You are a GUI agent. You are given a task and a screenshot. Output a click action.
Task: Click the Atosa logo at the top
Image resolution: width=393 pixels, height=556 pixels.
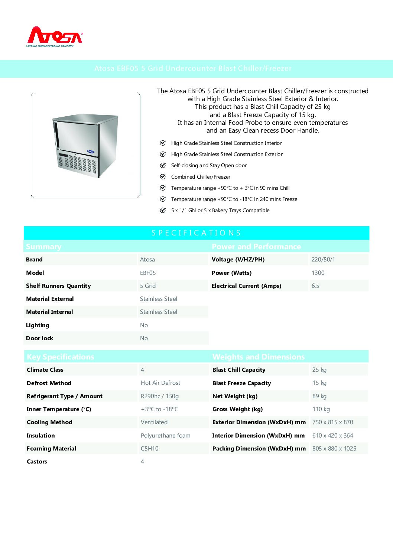[x=55, y=36]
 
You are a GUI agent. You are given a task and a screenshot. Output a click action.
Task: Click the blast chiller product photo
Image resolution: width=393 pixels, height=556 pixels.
[x=85, y=145]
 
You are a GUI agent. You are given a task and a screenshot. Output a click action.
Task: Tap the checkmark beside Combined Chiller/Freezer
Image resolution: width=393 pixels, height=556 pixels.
[x=163, y=177]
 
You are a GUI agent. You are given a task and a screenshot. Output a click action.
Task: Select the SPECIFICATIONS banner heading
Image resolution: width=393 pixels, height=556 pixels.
[x=196, y=233]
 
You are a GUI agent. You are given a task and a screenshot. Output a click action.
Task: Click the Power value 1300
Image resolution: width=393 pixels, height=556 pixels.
[x=318, y=273]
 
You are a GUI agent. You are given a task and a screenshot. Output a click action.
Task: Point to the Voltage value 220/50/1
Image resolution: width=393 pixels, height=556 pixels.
[x=323, y=260]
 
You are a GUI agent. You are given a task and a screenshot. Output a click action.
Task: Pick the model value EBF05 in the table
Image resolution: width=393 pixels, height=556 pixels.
[x=148, y=273]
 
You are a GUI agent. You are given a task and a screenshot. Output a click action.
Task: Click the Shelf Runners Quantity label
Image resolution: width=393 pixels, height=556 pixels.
[x=58, y=286]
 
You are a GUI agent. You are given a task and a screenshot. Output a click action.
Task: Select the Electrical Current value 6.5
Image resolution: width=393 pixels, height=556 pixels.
[x=315, y=286]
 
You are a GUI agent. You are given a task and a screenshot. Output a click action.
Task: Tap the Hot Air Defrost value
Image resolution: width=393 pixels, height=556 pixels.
[x=160, y=383]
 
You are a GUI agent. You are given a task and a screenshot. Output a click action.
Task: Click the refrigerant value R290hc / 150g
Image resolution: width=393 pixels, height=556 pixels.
[x=160, y=396]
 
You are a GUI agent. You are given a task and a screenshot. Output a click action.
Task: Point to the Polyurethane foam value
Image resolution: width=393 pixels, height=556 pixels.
[x=166, y=436]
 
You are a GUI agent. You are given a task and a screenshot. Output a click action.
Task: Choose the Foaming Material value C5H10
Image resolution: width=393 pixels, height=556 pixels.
[x=150, y=449]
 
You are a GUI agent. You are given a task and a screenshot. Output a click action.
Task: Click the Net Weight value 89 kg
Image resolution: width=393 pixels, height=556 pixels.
[x=319, y=396]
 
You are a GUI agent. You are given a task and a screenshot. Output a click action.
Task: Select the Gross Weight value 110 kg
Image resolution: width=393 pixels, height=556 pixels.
[x=321, y=409]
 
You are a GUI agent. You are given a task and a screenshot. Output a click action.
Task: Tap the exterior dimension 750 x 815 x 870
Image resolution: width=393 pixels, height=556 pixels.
[x=333, y=422]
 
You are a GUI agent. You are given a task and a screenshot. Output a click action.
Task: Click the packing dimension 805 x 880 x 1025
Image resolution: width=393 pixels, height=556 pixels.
[x=334, y=449]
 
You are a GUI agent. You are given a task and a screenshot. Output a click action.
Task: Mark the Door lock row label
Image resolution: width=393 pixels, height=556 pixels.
[x=40, y=338]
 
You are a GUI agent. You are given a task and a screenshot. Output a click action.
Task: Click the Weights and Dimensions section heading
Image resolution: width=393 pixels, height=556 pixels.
[x=259, y=357]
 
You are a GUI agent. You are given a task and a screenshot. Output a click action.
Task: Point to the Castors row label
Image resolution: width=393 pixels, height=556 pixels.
[x=37, y=462]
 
